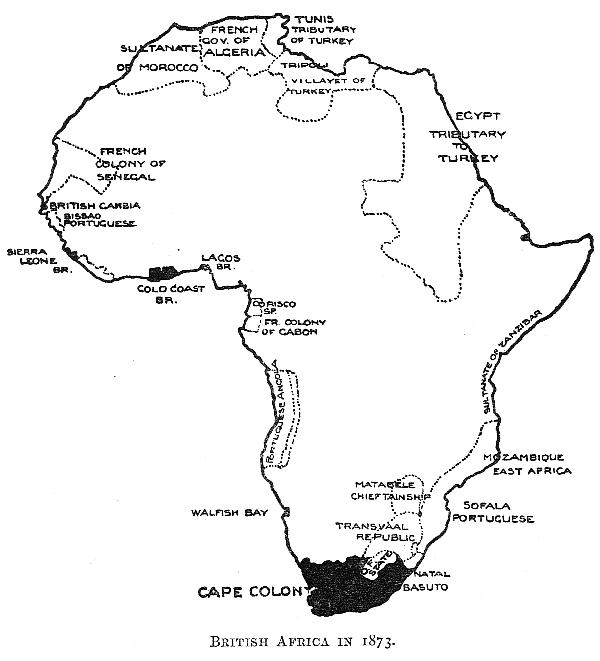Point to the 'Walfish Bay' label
(x=231, y=513)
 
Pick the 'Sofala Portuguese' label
(x=492, y=512)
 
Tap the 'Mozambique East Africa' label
(x=527, y=462)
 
